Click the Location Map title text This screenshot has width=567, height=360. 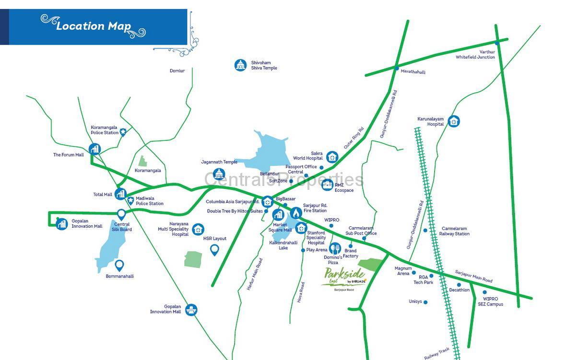point(93,26)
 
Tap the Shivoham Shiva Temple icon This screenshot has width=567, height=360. point(240,65)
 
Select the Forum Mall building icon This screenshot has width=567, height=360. point(94,149)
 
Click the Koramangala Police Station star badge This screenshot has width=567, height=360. point(123,131)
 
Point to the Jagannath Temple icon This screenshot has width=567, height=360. point(219,174)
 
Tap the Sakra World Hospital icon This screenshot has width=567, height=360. point(332,157)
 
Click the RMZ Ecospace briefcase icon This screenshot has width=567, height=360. point(327,185)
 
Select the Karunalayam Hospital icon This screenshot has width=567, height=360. point(453,121)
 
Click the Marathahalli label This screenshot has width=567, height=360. point(413,72)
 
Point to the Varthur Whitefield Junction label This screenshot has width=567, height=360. point(475,55)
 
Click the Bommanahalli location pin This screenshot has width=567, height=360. point(119,265)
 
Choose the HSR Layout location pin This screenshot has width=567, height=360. point(214,249)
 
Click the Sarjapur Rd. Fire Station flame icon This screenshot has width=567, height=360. point(296,212)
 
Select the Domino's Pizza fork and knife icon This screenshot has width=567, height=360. point(335,248)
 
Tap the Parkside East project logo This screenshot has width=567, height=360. point(344,278)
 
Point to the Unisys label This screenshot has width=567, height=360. point(415,302)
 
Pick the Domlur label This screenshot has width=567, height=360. point(177,71)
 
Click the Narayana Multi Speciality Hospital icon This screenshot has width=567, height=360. point(198,230)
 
